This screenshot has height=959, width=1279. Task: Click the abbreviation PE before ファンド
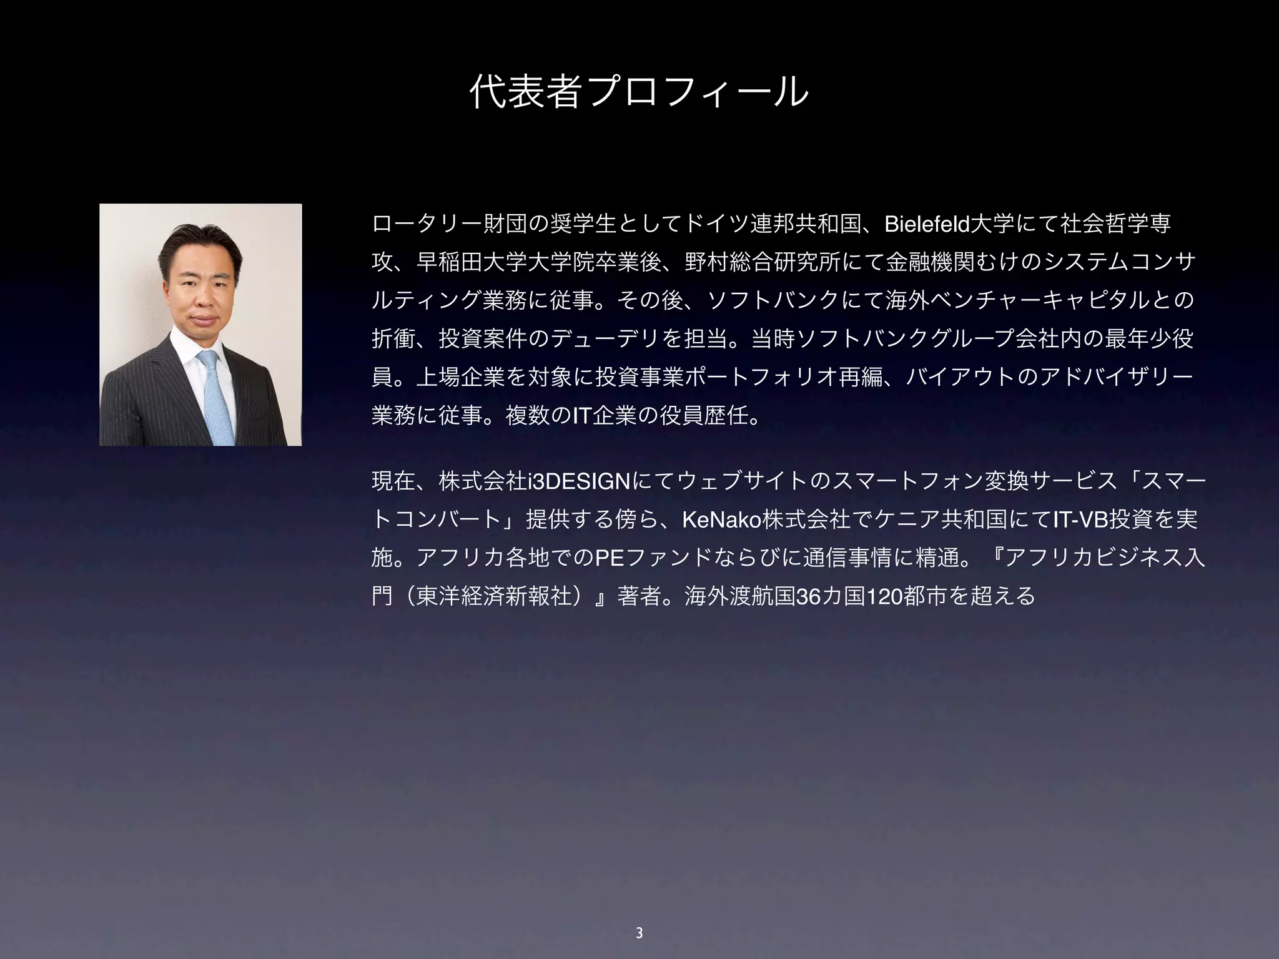click(609, 558)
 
